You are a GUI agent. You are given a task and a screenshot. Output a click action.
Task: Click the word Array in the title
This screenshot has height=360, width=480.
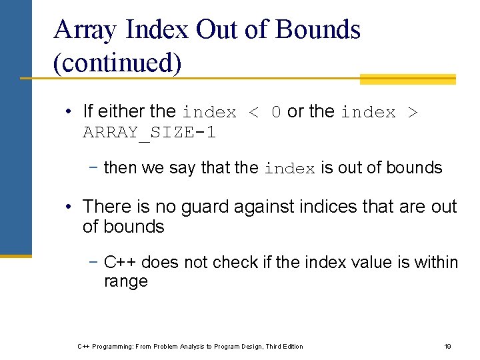coord(85,31)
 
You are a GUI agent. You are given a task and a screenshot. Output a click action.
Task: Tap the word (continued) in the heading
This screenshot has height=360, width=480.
coord(117,63)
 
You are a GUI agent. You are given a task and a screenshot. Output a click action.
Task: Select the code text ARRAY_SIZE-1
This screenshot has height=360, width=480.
coord(149,133)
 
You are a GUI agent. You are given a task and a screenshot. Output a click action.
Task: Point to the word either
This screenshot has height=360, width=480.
coord(119,111)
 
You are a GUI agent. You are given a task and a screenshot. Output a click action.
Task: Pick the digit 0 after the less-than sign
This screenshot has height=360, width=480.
coord(277,113)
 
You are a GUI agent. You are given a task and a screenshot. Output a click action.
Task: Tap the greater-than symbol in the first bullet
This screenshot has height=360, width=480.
coord(411,113)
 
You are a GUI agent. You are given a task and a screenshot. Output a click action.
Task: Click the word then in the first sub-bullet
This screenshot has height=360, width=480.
coord(120,168)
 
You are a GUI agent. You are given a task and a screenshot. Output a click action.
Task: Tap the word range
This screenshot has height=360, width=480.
coord(125,281)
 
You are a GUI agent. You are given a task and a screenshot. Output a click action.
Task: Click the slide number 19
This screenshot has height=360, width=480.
coord(447,346)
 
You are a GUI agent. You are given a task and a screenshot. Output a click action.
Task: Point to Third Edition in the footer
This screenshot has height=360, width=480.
coord(284,346)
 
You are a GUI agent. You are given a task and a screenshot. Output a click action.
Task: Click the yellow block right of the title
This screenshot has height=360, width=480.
coord(407,79)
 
